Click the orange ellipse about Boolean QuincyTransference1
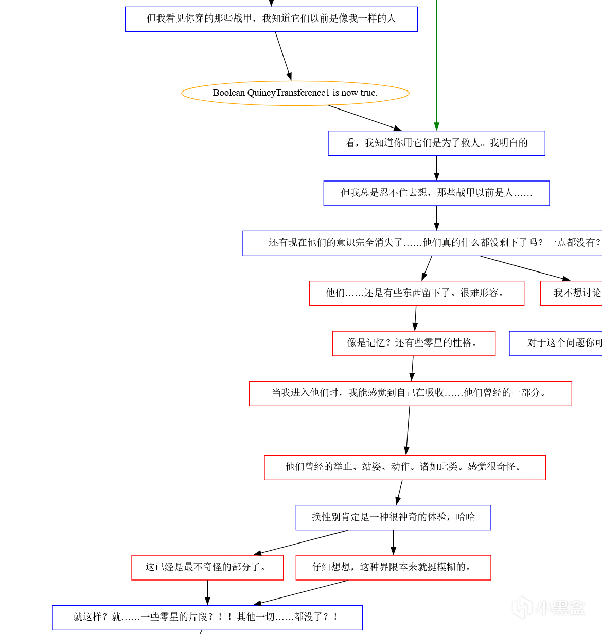coord(295,93)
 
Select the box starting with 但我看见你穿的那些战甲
coord(271,19)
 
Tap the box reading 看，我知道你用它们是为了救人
coord(436,143)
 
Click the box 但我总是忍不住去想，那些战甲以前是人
coord(436,193)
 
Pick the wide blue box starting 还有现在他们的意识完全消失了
coord(422,243)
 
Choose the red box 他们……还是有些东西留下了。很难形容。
coord(416,293)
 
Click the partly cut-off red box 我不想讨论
coord(571,293)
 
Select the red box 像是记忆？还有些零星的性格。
coord(414,343)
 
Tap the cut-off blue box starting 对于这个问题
coord(556,343)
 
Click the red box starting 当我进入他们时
coord(410,393)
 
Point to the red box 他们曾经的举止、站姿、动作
coord(404,467)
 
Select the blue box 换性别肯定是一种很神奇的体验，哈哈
coord(393,517)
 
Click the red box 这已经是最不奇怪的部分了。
coord(207,567)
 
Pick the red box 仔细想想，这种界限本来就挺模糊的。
coord(393,567)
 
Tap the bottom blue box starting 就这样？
coord(207,617)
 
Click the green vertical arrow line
coord(436,62)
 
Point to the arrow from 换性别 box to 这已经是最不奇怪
coord(301,542)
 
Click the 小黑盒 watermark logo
coord(548,607)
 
